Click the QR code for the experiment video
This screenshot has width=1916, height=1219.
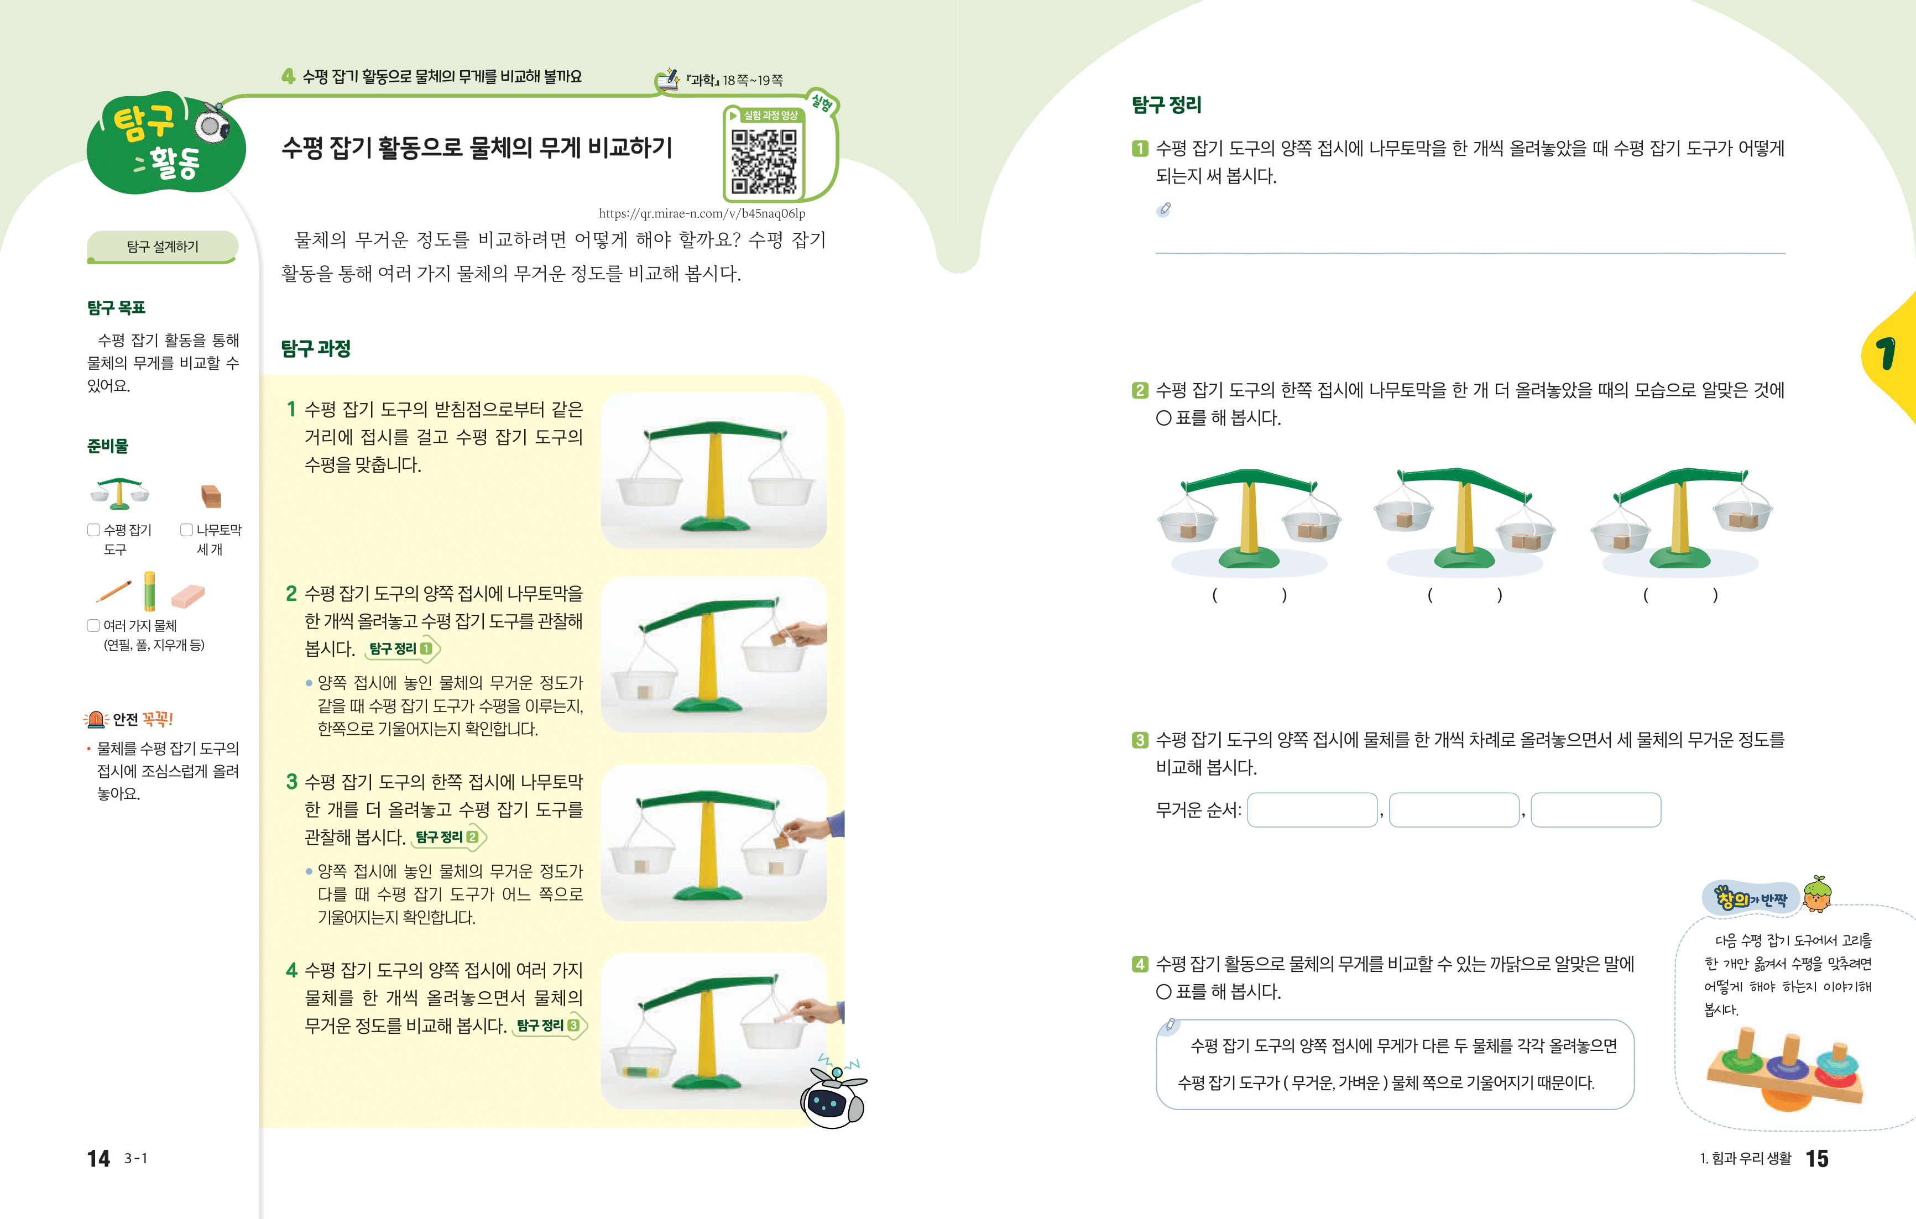pos(764,161)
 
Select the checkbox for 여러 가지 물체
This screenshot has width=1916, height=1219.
pos(93,625)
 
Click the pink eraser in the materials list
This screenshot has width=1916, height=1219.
pos(188,595)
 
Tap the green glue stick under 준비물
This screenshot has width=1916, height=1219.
pos(150,591)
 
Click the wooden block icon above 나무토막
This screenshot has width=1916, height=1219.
pos(211,496)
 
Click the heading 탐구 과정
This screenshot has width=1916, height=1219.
pos(316,348)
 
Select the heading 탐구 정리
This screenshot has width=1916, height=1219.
pos(1167,104)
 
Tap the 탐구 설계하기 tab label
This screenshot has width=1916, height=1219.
pos(163,247)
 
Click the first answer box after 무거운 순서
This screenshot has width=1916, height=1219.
pos(1312,810)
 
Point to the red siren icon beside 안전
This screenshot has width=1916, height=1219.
pos(96,719)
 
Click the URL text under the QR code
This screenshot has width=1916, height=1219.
pos(702,213)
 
